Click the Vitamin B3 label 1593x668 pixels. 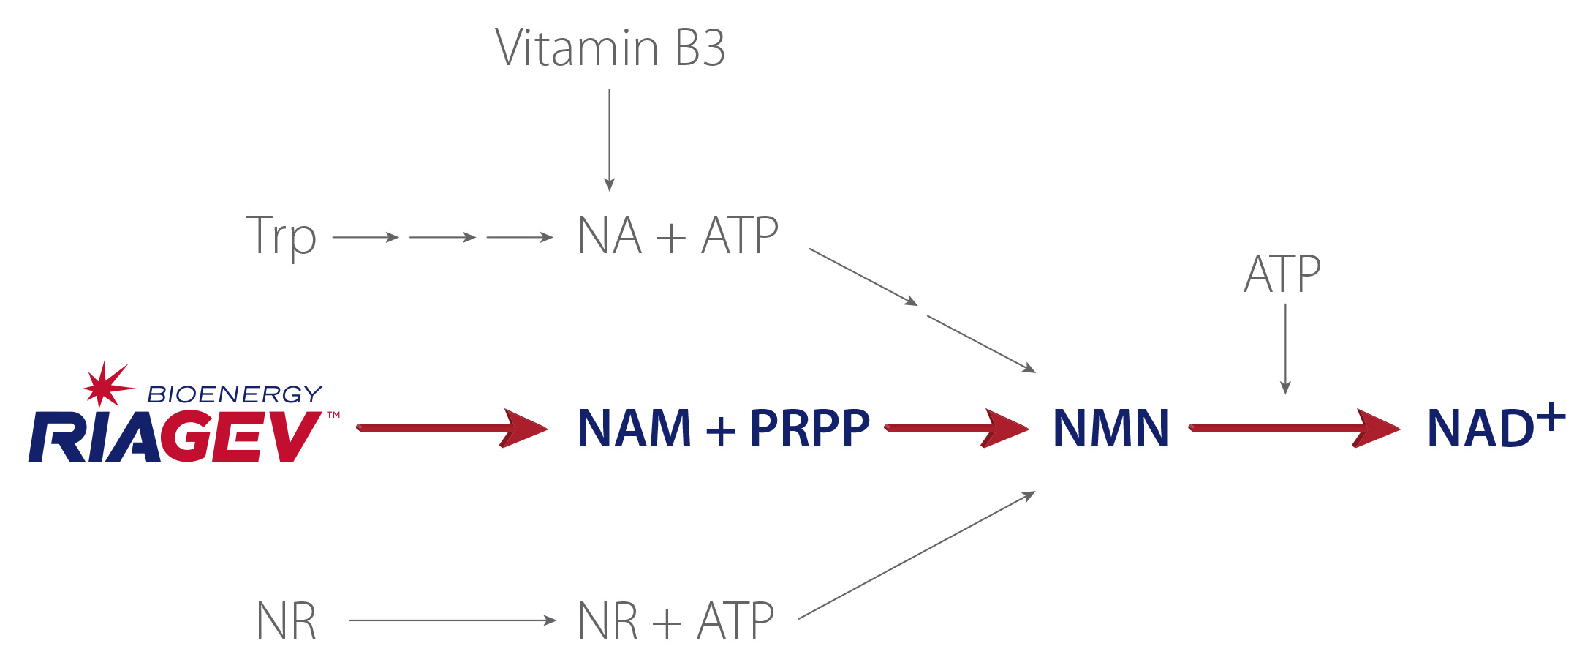tap(610, 48)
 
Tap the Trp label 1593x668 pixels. tap(281, 236)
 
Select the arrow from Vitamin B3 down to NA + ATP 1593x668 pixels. tap(609, 140)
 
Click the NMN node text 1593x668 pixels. tap(1110, 428)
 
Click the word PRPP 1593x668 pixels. tap(810, 428)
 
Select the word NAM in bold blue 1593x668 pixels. tap(635, 428)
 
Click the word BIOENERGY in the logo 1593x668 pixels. tap(235, 394)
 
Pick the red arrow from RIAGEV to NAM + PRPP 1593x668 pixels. tap(452, 428)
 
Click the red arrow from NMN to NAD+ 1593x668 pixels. tap(1294, 428)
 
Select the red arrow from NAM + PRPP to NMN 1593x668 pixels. tap(956, 428)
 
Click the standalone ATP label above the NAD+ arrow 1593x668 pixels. tap(1282, 274)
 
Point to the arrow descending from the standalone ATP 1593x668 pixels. tap(1285, 349)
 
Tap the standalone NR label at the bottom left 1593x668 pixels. tap(287, 621)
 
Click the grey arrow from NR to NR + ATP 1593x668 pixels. tap(453, 620)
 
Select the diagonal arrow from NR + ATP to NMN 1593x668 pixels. tap(917, 555)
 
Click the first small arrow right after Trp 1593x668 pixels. tap(366, 237)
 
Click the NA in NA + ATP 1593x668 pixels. tap(610, 236)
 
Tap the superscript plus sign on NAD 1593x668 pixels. tap(1551, 417)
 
